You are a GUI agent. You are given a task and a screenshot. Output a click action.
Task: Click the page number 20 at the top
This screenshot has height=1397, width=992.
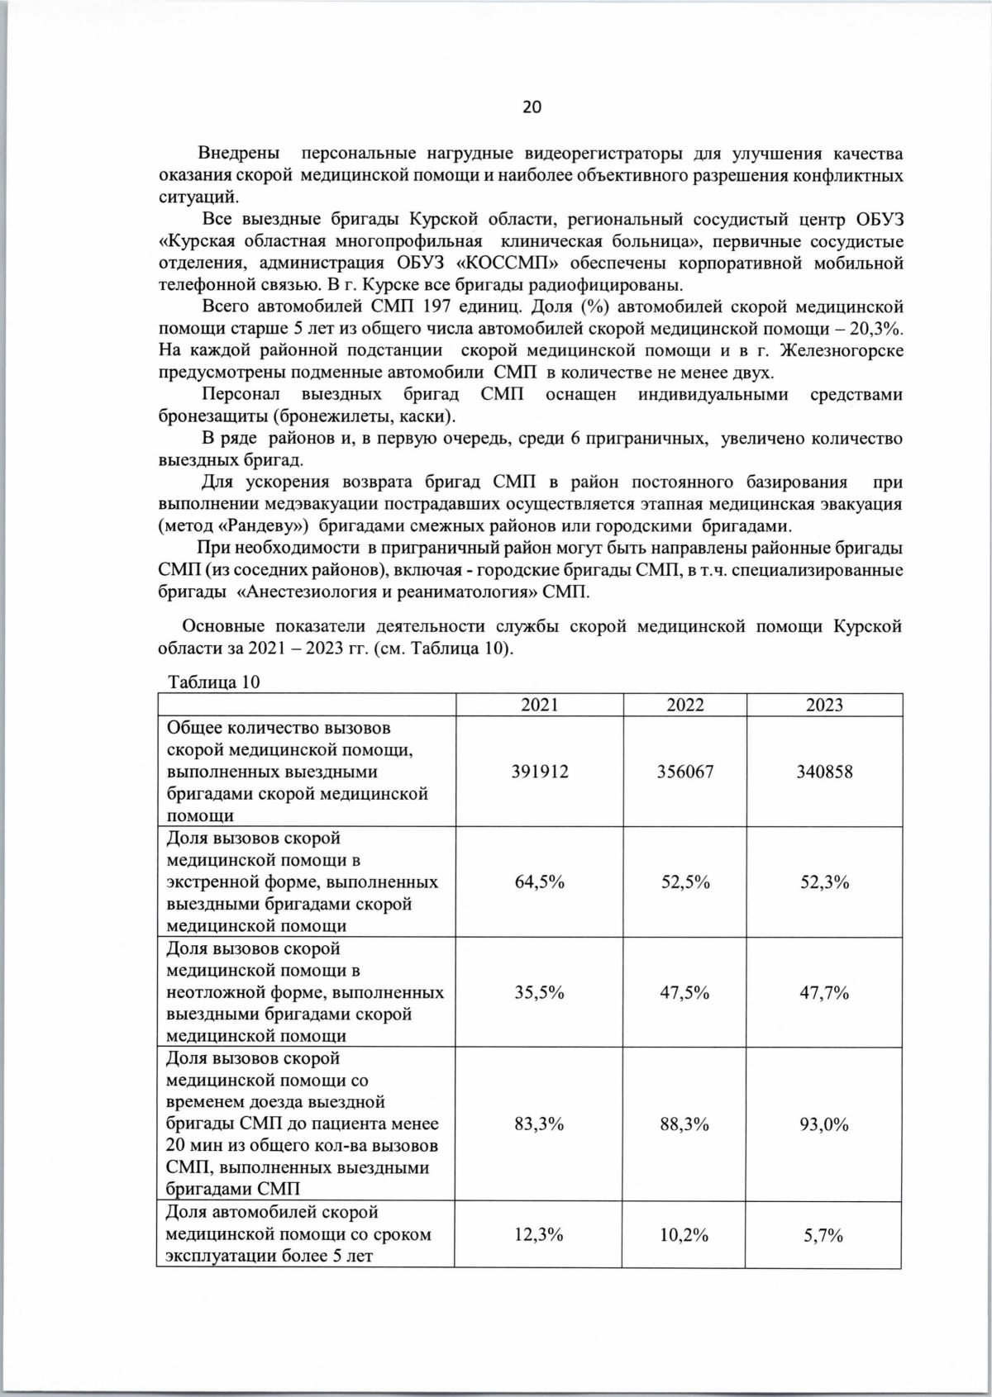point(532,107)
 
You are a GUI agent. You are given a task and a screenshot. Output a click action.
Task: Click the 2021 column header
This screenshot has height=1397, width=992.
point(539,705)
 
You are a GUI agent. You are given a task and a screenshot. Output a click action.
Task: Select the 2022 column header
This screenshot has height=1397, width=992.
point(685,705)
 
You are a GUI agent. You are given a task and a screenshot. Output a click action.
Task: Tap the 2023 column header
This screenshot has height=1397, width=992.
point(824,705)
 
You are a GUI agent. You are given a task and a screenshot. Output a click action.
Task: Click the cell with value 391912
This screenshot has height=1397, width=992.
point(539,772)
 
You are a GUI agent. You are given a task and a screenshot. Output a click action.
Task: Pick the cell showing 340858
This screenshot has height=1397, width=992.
point(824,772)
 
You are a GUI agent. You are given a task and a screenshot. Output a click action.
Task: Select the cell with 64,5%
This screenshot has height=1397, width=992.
point(539,882)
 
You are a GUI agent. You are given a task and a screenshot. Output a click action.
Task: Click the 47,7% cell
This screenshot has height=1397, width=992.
point(824,992)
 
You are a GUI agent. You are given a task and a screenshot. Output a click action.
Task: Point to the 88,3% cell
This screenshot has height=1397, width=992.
point(685,1124)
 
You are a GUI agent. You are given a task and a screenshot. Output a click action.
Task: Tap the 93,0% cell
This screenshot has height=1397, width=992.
point(824,1124)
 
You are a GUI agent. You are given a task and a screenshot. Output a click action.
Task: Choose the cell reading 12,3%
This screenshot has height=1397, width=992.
point(539,1235)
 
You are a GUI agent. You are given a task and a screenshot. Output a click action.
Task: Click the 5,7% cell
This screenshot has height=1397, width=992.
point(824,1235)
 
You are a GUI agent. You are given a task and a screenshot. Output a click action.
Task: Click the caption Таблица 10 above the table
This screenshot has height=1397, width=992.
point(214,682)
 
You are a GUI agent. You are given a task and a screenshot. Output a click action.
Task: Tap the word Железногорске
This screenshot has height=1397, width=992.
point(842,351)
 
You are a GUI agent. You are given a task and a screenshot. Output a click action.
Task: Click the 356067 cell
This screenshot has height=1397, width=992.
point(685,772)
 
